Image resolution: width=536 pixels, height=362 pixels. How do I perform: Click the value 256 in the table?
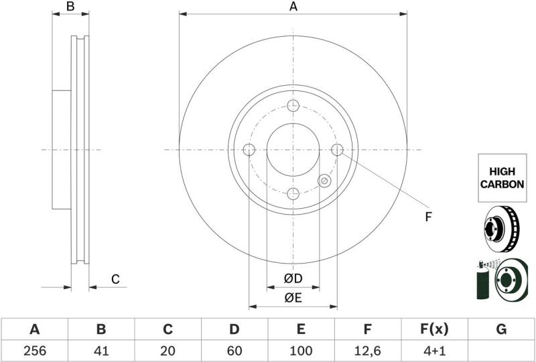click(35, 351)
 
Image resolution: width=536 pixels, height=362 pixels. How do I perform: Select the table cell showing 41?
click(101, 351)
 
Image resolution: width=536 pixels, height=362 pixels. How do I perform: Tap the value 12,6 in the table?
click(367, 351)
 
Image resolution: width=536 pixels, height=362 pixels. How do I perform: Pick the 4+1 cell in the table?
click(433, 351)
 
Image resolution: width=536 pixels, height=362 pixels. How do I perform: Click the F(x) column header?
click(433, 329)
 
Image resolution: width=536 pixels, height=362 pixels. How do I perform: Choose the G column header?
click(500, 329)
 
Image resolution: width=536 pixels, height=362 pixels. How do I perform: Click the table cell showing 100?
click(301, 351)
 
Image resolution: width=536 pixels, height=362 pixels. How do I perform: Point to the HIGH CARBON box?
click(502, 178)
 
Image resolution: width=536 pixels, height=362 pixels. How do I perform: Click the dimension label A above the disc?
click(293, 7)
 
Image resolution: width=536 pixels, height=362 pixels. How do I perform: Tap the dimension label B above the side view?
click(70, 6)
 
